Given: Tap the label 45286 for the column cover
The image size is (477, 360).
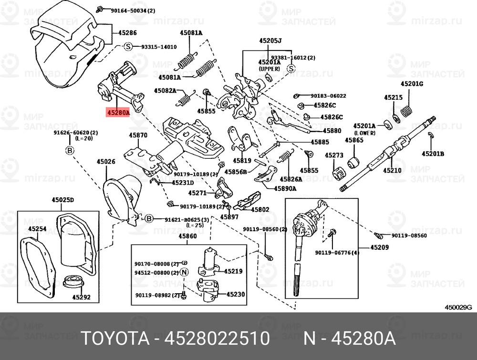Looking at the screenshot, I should [x=127, y=33].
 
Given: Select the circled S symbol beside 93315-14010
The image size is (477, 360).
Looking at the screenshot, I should [x=128, y=47].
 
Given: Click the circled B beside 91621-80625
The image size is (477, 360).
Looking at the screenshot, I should [x=148, y=219].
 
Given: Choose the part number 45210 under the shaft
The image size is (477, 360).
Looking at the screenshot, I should [x=393, y=170].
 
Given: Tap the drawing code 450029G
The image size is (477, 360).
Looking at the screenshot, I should [x=458, y=308].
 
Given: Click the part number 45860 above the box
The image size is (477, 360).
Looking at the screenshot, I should [x=187, y=236].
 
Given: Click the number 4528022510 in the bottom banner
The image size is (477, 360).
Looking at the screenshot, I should [x=217, y=339].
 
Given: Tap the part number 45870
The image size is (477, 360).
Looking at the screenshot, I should [x=138, y=135].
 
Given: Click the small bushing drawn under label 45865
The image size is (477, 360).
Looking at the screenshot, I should [x=354, y=162].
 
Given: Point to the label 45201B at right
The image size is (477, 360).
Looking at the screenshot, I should [x=433, y=154].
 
